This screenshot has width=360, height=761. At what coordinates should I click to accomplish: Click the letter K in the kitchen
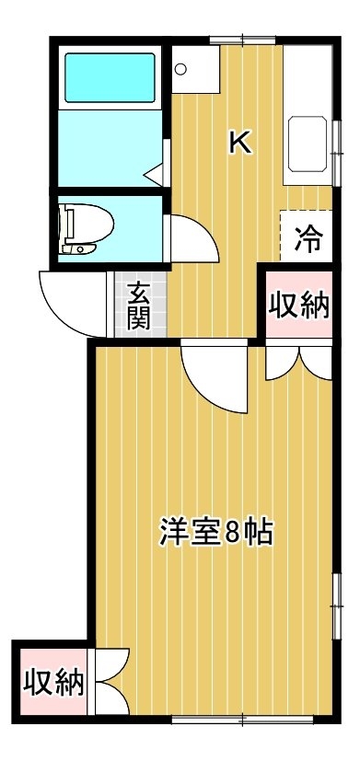(x=241, y=144)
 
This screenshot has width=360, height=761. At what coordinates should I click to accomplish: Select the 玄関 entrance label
(x=139, y=306)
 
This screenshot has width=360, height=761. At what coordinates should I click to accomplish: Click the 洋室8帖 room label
(x=216, y=533)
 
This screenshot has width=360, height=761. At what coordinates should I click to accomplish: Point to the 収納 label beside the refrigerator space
(x=300, y=306)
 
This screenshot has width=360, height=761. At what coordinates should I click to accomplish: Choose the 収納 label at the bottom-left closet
(x=53, y=683)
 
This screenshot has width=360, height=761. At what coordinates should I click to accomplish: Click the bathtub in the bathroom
(x=110, y=77)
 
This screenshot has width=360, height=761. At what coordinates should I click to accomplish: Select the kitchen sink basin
(x=308, y=144)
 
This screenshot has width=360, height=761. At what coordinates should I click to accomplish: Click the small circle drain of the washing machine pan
(x=180, y=69)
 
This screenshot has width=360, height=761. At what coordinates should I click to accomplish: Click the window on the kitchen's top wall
(x=242, y=40)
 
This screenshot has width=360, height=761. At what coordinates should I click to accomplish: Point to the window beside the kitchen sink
(x=336, y=153)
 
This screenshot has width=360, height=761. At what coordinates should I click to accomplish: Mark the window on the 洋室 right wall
(x=336, y=606)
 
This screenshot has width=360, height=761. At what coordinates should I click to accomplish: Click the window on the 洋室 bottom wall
(x=242, y=720)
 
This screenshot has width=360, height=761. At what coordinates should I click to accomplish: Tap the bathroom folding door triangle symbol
(x=155, y=175)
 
